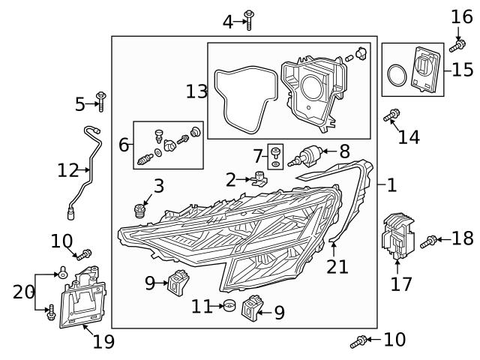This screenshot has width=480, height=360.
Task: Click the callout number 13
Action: click(196, 91)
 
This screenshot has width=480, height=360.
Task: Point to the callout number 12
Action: click(67, 171)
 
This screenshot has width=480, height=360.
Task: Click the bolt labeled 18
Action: click(429, 241)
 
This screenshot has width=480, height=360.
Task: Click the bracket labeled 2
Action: click(260, 180)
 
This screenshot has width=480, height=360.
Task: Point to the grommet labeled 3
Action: click(138, 208)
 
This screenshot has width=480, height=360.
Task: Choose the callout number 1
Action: click(391, 184)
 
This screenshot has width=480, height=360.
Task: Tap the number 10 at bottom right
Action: click(394, 340)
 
